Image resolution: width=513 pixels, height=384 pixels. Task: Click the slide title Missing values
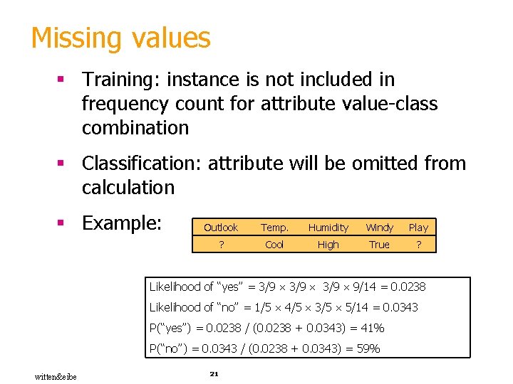pos(120,38)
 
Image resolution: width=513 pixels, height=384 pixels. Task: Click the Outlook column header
pos(221,228)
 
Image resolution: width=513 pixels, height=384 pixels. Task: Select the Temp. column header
pos(274,228)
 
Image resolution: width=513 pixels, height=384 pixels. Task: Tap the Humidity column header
pos(328,228)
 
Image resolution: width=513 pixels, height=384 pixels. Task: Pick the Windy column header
pos(379,228)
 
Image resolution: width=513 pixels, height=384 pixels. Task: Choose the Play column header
pos(418,228)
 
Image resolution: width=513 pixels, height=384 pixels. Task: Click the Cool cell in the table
pos(274,245)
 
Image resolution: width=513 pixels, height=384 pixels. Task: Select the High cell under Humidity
pos(328,245)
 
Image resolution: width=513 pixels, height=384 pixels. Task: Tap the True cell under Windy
pos(379,245)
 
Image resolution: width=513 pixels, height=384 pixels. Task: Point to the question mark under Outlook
pos(221,245)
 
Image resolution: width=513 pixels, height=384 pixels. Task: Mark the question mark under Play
pos(418,245)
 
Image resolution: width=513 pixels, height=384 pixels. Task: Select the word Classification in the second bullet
pos(142,164)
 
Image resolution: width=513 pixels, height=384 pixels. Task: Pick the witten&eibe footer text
pos(56,375)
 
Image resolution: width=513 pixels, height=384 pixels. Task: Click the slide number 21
pos(214,373)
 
